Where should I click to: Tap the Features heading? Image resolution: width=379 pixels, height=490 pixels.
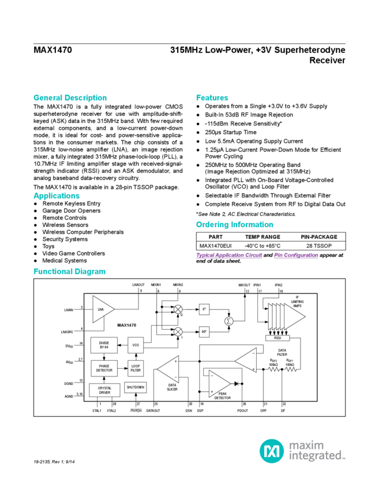pyautogui.click(x=212, y=97)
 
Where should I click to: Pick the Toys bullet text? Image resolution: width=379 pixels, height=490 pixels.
pyautogui.click(x=49, y=246)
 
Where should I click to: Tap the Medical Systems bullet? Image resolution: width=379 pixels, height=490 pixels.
pyautogui.click(x=65, y=261)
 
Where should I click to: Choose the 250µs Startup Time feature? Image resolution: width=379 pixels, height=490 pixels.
pyautogui.click(x=227, y=132)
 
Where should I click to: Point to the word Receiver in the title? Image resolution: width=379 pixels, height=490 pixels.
pyautogui.click(x=328, y=59)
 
